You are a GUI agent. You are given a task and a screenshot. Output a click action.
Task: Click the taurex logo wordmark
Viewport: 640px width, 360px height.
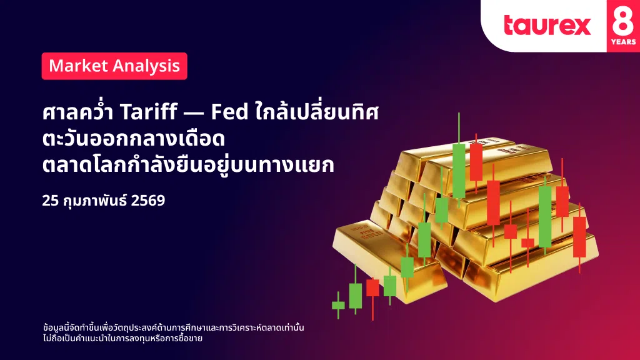pos(547,25)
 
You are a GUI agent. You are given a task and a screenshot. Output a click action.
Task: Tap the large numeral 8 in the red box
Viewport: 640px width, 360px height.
pos(623,21)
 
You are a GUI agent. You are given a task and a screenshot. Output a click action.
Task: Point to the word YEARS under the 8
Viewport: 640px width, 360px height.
pos(623,42)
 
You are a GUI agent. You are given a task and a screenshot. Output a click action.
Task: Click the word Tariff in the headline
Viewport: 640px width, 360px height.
pos(149,111)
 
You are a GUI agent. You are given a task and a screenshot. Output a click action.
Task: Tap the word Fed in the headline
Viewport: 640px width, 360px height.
pos(229,112)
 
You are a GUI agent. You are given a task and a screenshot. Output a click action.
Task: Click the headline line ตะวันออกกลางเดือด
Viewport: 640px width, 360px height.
pos(134,139)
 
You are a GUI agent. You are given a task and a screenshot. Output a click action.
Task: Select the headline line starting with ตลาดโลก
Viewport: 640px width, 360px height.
pos(188,165)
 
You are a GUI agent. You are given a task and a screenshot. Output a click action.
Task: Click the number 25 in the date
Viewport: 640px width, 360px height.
pos(51,201)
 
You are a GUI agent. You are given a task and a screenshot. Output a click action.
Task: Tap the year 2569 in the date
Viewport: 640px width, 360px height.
pos(148,201)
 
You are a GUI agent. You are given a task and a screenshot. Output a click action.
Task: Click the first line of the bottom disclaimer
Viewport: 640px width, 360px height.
pos(174,327)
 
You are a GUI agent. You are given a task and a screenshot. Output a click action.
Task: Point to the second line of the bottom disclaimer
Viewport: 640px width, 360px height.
pos(122,338)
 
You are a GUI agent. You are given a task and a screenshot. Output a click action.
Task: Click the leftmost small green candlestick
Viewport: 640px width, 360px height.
pos(338,305)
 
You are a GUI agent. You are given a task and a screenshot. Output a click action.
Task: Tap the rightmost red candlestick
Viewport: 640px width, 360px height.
pos(579,237)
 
